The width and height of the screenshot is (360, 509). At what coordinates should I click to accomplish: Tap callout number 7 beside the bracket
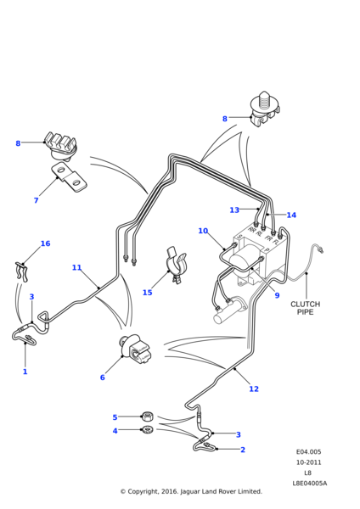point(36,201)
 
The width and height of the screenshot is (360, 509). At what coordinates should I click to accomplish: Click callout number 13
point(234,210)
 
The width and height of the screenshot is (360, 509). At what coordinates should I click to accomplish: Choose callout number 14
point(291,215)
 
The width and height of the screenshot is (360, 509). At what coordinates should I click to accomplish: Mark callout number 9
point(276,295)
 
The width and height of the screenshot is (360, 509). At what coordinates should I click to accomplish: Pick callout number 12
point(253,389)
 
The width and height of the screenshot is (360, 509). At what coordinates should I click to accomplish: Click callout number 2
point(242,450)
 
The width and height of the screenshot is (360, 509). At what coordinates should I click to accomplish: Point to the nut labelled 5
point(147,416)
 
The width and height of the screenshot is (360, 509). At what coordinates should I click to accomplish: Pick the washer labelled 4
point(147,431)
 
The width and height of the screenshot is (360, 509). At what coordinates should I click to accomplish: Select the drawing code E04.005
point(308,452)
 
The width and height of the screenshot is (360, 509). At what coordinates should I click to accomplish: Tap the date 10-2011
point(308,462)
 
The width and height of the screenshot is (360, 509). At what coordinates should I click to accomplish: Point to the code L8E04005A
point(309,483)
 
